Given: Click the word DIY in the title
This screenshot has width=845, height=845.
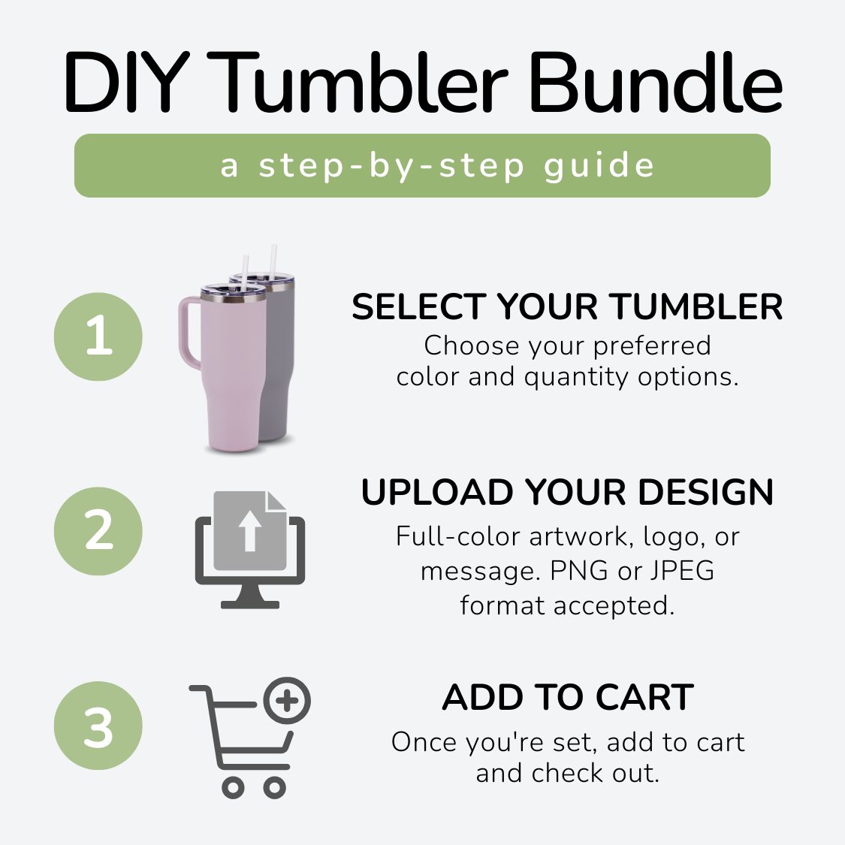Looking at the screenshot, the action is [x=127, y=83].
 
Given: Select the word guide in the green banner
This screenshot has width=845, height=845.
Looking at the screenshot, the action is [x=599, y=167].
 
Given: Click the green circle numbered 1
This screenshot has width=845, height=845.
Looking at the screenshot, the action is [x=98, y=336].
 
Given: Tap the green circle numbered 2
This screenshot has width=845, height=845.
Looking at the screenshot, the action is [x=98, y=531].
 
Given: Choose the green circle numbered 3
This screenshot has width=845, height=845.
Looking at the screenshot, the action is [x=98, y=726].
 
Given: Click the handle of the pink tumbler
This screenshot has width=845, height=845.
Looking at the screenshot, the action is [x=186, y=331].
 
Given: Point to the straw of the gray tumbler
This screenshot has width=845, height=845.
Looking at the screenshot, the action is [x=273, y=262].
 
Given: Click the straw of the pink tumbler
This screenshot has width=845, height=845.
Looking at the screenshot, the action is [x=246, y=272].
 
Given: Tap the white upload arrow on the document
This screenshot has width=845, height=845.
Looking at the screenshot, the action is [x=249, y=531].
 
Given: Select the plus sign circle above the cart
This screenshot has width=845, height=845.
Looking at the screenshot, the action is [x=287, y=701].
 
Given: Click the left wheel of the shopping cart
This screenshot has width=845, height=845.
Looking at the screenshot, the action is [x=234, y=788].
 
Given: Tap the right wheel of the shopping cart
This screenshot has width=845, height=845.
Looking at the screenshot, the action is [x=274, y=788].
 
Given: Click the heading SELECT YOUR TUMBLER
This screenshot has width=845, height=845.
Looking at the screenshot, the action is [x=567, y=306].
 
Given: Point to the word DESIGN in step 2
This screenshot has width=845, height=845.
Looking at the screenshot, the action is [x=706, y=492].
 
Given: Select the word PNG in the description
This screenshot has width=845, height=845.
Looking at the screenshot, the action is [x=579, y=571].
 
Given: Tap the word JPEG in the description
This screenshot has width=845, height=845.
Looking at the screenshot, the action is [x=682, y=571].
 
